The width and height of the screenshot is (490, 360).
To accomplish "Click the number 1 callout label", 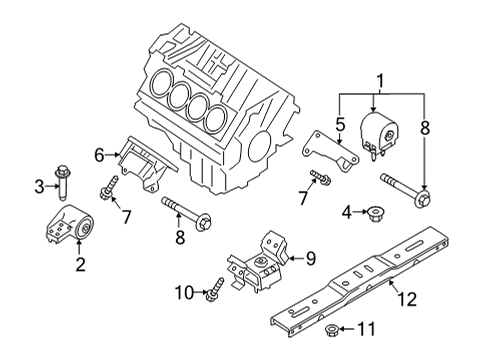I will click(x=379, y=80).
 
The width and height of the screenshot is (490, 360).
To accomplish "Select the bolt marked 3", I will click(x=62, y=184).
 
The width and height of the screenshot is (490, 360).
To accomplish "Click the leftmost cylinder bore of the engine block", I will click(x=161, y=82).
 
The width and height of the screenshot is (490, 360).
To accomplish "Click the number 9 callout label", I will click(x=310, y=258).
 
